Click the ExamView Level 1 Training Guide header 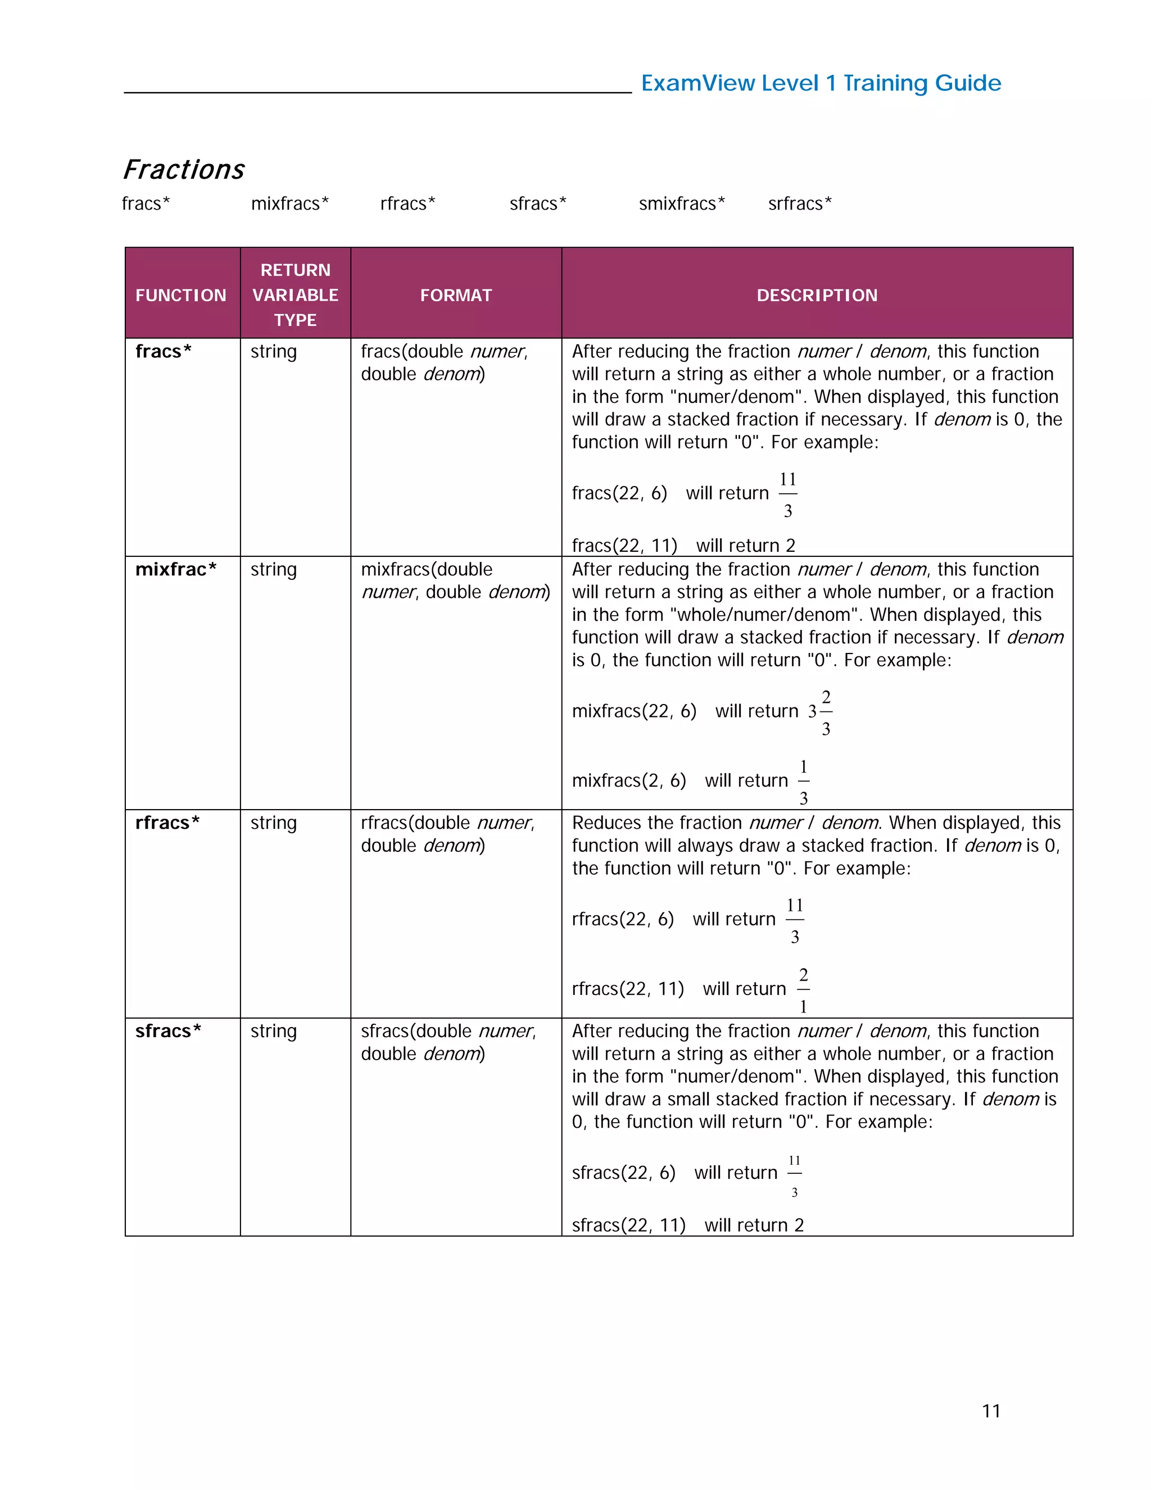[x=821, y=83]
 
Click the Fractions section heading [x=183, y=169]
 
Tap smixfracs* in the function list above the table [x=681, y=203]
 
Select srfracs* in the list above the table [x=799, y=203]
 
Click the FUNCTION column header [x=181, y=295]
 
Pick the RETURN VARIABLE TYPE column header [x=295, y=294]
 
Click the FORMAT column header [x=455, y=295]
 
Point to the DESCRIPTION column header [x=817, y=295]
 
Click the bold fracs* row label [x=163, y=351]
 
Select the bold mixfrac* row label [x=175, y=569]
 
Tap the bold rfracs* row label [x=167, y=823]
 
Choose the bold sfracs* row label [x=167, y=1031]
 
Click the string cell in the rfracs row [x=274, y=823]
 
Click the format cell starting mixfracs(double [x=455, y=580]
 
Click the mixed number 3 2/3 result [x=821, y=712]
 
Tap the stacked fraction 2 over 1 [x=803, y=990]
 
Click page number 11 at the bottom [x=991, y=1410]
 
